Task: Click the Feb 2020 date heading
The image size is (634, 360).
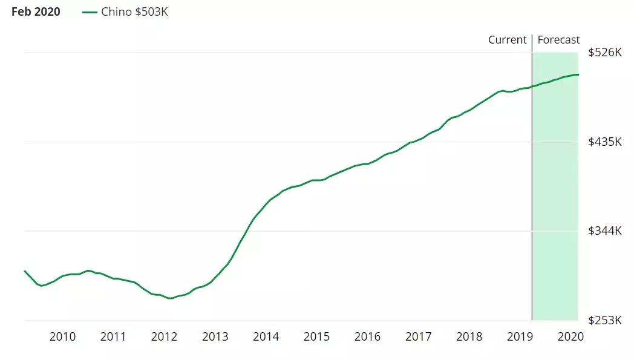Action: click(x=36, y=12)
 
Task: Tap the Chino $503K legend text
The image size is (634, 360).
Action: click(x=134, y=12)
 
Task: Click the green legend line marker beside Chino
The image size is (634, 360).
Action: click(x=90, y=12)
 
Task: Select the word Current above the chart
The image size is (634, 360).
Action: click(x=508, y=40)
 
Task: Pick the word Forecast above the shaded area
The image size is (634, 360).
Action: click(x=558, y=40)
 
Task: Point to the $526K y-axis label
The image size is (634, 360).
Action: click(x=604, y=53)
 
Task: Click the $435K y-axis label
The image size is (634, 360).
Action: click(x=604, y=142)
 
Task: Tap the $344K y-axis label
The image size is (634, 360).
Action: click(x=604, y=231)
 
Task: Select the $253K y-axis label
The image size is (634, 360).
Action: click(x=604, y=320)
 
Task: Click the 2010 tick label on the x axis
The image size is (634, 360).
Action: click(x=62, y=337)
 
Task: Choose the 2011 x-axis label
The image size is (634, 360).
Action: click(x=113, y=337)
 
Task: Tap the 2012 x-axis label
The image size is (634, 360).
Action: click(x=164, y=337)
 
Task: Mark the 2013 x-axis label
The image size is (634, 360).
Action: click(x=215, y=337)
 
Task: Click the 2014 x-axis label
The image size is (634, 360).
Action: click(x=266, y=337)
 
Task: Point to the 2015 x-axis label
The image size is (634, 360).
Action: click(x=316, y=337)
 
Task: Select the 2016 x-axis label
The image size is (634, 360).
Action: click(x=367, y=337)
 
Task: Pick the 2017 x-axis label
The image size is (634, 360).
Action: click(x=418, y=337)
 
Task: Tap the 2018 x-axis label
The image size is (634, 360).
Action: click(x=469, y=337)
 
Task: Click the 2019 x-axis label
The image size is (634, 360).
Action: click(x=520, y=337)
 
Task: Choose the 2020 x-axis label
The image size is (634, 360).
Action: click(x=570, y=337)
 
